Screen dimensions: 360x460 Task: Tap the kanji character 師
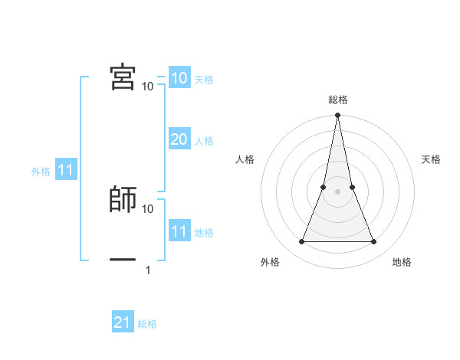tap(123, 199)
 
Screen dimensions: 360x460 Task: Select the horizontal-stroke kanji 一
tap(123, 260)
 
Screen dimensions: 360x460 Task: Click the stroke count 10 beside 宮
tap(148, 86)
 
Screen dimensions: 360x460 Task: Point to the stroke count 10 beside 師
tap(148, 208)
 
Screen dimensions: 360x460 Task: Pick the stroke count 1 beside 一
tap(148, 270)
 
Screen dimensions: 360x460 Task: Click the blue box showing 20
tap(179, 139)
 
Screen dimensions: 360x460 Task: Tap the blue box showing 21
tap(123, 323)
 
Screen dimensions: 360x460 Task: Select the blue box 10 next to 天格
tap(179, 78)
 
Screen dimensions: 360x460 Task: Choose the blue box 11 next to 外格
tap(66, 171)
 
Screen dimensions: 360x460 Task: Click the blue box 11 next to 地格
tap(179, 231)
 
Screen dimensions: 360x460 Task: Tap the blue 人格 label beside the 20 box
tap(204, 141)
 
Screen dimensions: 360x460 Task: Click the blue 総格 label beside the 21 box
tap(147, 325)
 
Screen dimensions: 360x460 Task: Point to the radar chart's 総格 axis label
tap(337, 100)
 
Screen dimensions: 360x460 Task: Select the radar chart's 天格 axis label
tap(431, 159)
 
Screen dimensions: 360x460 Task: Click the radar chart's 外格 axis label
tap(270, 262)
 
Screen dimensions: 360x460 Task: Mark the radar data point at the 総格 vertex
tap(337, 116)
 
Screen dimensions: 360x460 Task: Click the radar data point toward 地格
tap(374, 242)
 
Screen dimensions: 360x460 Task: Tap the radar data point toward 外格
tap(301, 242)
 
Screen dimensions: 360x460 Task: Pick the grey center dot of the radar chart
tap(337, 191)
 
